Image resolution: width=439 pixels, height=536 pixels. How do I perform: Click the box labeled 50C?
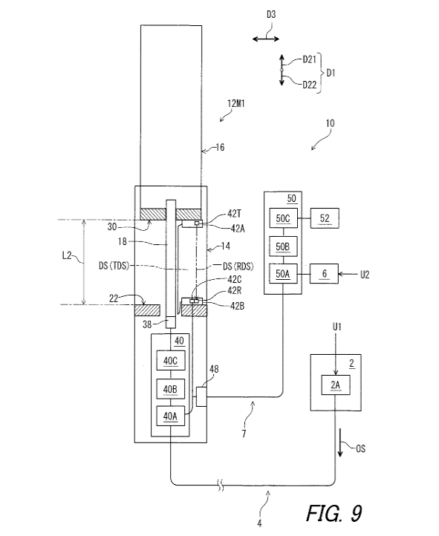point(283,218)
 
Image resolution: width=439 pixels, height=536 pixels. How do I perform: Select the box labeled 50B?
point(283,246)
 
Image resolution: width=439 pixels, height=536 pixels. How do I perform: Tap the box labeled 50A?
point(283,273)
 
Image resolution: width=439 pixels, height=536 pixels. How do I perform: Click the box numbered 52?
point(325,218)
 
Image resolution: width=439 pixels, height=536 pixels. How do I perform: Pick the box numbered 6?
point(324,273)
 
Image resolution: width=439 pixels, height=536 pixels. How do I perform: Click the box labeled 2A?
point(336,385)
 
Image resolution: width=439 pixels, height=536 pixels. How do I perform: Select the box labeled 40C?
point(171,360)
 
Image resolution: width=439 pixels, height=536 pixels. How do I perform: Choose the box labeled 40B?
point(171,389)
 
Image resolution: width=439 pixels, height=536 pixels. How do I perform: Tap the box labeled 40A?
point(171,416)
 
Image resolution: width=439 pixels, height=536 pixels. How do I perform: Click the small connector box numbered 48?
point(201,396)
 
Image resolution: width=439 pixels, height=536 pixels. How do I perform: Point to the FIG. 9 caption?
point(334,513)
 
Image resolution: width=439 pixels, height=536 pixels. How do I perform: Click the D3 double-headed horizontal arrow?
point(266,39)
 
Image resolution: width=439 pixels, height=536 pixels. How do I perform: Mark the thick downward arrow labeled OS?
point(340,442)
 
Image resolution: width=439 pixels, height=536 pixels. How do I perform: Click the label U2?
point(365,275)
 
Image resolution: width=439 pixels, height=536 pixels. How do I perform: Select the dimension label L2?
point(67,255)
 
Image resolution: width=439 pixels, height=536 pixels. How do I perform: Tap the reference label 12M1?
point(236,103)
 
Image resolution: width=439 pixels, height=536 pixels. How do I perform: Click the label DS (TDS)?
point(114,266)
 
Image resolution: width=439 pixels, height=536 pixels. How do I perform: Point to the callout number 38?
point(147,324)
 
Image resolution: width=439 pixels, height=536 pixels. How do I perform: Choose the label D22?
point(310,85)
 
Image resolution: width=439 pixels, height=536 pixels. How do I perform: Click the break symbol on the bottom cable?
point(221,485)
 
